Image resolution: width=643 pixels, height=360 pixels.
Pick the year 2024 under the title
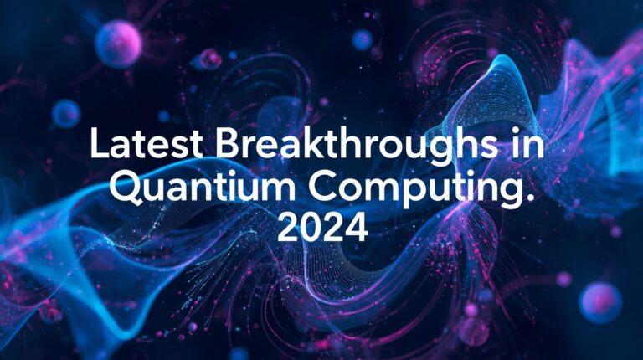(322, 226)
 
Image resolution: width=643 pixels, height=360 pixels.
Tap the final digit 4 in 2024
(357, 226)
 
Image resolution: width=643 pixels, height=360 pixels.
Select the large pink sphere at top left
(118, 44)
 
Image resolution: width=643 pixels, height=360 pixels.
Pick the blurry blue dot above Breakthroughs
(362, 39)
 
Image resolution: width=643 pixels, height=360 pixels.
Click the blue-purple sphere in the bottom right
(600, 302)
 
